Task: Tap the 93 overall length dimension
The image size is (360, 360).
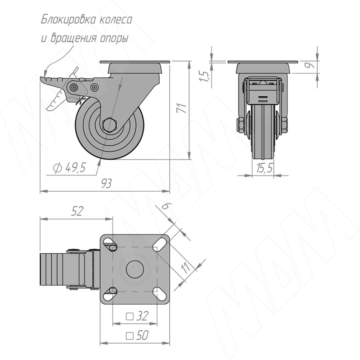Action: [x=106, y=184]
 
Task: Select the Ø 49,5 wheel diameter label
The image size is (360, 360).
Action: [x=69, y=167]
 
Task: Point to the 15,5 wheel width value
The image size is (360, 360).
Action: [x=265, y=168]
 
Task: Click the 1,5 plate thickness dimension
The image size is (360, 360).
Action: [x=204, y=76]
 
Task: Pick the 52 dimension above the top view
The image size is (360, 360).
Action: [x=76, y=211]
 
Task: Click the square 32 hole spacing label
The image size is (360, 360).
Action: [x=137, y=316]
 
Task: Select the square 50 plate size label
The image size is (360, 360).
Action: [x=137, y=335]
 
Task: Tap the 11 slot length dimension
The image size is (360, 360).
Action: [x=185, y=267]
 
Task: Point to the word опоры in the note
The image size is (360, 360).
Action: [x=114, y=38]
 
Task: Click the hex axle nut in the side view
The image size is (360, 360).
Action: [x=110, y=126]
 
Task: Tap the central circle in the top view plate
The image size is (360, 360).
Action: [x=135, y=269]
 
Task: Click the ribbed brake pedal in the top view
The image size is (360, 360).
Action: [x=53, y=270]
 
